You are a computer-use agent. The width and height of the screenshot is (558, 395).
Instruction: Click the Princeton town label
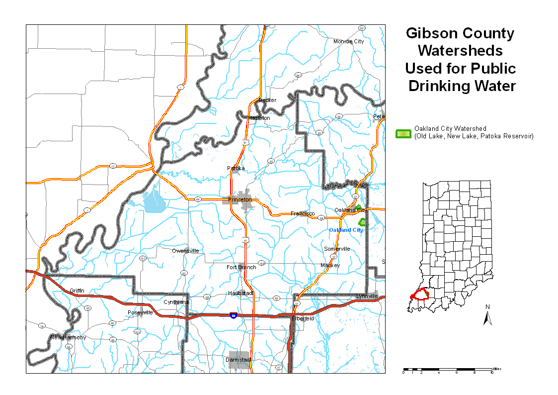(239, 199)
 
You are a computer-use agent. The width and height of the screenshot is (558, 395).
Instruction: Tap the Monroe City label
(348, 41)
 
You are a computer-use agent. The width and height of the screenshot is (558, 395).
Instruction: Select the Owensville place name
(185, 251)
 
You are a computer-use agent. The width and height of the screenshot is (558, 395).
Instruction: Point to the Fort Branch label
(241, 267)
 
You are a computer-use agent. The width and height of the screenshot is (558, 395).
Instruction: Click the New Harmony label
(68, 337)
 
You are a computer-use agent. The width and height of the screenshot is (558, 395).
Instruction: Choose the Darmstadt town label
(239, 359)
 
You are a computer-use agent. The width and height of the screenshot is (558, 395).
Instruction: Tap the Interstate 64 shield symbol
(233, 315)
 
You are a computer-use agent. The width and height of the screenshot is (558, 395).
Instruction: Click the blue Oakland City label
(346, 230)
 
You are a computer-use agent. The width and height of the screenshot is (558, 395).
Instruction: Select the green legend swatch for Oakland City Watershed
(403, 133)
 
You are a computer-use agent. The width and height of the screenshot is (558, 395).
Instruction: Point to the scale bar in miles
(447, 370)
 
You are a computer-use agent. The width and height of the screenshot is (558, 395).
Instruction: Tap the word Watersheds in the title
(460, 51)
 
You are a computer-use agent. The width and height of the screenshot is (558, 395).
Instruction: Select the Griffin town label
(77, 290)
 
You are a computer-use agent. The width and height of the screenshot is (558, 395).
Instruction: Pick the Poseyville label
(140, 312)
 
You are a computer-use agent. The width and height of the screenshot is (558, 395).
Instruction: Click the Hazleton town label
(259, 118)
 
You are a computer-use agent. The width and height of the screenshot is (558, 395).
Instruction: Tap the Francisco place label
(303, 213)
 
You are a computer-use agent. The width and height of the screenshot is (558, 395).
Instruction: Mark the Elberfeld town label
(303, 318)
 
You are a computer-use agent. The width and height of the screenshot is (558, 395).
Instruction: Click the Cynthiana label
(176, 302)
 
